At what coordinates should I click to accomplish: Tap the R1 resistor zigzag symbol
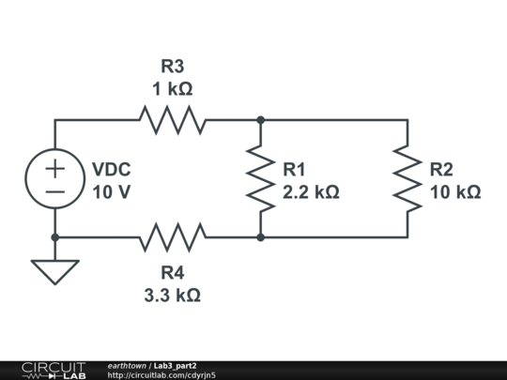pyautogui.click(x=261, y=179)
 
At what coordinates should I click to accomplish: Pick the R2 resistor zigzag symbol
pyautogui.click(x=407, y=179)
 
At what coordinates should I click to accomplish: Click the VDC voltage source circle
pyautogui.click(x=55, y=179)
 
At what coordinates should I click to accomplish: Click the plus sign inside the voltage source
pyautogui.click(x=55, y=168)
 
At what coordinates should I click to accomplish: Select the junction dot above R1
pyautogui.click(x=261, y=120)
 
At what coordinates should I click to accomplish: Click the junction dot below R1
pyautogui.click(x=261, y=237)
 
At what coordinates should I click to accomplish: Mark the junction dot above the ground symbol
pyautogui.click(x=55, y=237)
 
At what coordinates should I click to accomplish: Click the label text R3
pyautogui.click(x=173, y=67)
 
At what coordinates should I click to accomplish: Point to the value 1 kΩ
pyautogui.click(x=173, y=89)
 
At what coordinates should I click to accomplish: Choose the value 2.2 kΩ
pyautogui.click(x=311, y=191)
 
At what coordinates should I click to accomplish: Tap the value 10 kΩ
pyautogui.click(x=455, y=191)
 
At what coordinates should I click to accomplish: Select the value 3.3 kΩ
pyautogui.click(x=173, y=295)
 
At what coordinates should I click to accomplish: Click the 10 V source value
pyautogui.click(x=111, y=191)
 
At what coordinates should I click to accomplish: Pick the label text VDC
pyautogui.click(x=111, y=169)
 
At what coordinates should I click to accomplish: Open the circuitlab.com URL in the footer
pyautogui.click(x=161, y=374)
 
